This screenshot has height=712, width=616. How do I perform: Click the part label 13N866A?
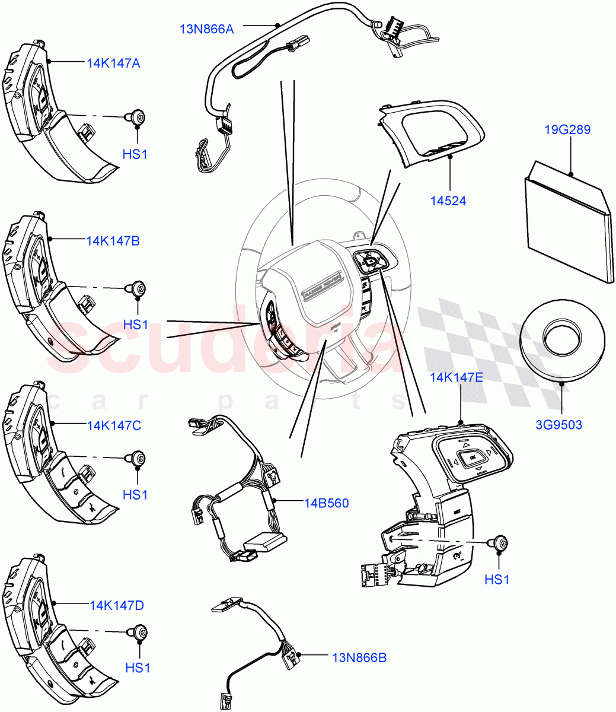tap(207, 28)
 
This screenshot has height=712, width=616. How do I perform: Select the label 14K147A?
tap(113, 63)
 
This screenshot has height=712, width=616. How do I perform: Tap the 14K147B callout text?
tap(113, 241)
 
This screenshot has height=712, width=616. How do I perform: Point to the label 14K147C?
tap(114, 425)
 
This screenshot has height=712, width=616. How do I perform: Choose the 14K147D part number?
tap(117, 605)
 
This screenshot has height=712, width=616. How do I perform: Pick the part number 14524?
tap(448, 201)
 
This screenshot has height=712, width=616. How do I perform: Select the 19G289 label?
tap(568, 129)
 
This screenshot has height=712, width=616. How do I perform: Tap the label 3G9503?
tap(560, 425)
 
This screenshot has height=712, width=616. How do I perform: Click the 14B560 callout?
tap(326, 503)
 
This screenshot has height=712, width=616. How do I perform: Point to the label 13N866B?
tap(359, 657)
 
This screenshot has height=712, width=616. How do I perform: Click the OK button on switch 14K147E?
tap(472, 458)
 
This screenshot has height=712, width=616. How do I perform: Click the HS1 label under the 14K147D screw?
tap(138, 668)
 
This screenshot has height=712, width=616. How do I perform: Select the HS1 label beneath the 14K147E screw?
tap(497, 579)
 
